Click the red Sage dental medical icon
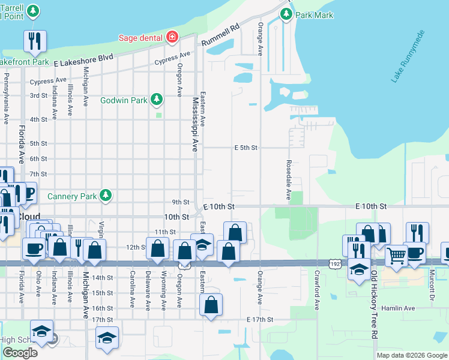click(x=172, y=37)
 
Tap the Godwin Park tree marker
click(x=157, y=98)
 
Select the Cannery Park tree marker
click(x=106, y=195)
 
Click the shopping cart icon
click(x=396, y=256)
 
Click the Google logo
click(x=20, y=353)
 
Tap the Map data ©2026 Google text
click(x=411, y=355)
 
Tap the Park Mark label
click(x=317, y=15)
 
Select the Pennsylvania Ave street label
click(x=6, y=98)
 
